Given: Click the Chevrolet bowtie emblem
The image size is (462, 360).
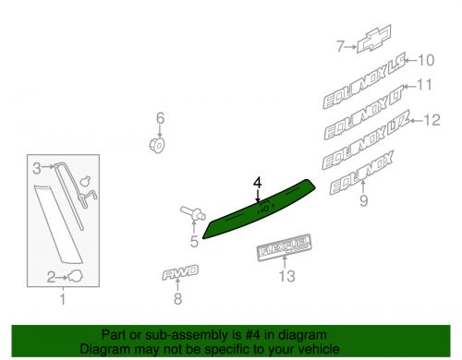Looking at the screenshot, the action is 374,39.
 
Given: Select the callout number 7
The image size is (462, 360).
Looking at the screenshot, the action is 340,47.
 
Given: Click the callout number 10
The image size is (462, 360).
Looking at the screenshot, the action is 426,60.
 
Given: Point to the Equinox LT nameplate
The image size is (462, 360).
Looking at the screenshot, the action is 364,112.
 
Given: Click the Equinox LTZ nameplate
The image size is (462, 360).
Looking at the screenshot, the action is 366,140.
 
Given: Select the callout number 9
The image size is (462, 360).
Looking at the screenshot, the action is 364,200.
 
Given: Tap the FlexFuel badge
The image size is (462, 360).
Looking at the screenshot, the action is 285,248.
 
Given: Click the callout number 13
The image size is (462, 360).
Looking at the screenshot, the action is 287,276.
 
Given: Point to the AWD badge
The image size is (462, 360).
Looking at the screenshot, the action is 180,272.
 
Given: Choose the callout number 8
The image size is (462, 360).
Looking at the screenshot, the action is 177,298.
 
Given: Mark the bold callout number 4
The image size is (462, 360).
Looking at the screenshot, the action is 258,183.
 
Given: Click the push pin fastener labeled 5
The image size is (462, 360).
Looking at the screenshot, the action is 193,213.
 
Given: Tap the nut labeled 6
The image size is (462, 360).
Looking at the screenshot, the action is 157,145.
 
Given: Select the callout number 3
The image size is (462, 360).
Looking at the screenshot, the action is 37,168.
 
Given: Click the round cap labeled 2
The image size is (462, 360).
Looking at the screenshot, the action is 75,276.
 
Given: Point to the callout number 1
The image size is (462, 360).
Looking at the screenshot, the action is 63,299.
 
